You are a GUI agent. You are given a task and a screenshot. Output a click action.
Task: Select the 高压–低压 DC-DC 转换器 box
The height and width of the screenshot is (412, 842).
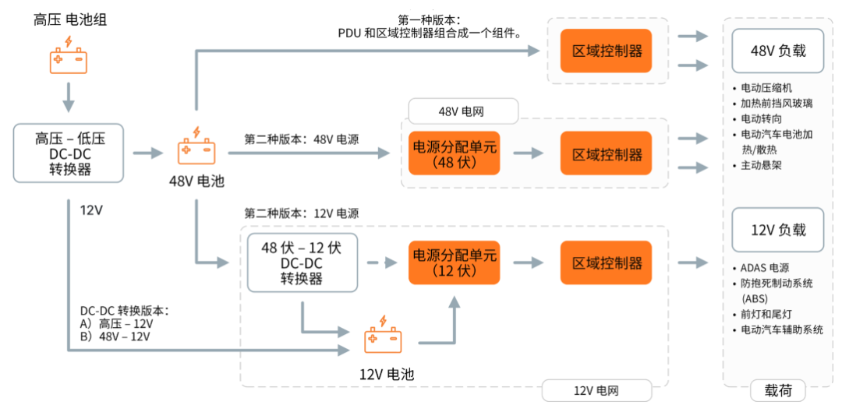click(x=69, y=153)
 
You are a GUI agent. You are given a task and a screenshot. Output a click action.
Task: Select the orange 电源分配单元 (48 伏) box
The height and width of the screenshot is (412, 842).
click(x=454, y=153)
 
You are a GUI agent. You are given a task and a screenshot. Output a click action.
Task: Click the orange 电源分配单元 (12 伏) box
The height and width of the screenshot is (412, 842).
click(x=454, y=262)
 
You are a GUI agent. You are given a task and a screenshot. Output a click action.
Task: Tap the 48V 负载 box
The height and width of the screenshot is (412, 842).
click(x=777, y=51)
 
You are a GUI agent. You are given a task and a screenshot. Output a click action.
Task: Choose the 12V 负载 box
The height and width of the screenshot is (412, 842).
click(x=777, y=230)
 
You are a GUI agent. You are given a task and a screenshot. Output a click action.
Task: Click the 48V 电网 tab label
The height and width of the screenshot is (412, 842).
click(x=463, y=111)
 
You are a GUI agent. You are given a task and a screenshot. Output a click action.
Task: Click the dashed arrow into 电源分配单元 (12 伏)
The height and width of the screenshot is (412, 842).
click(x=382, y=263)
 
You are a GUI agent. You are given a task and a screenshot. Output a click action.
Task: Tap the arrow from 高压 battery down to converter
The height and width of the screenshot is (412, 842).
click(x=69, y=97)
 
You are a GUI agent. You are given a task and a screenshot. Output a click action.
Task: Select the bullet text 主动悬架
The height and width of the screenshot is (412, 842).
click(x=761, y=166)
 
